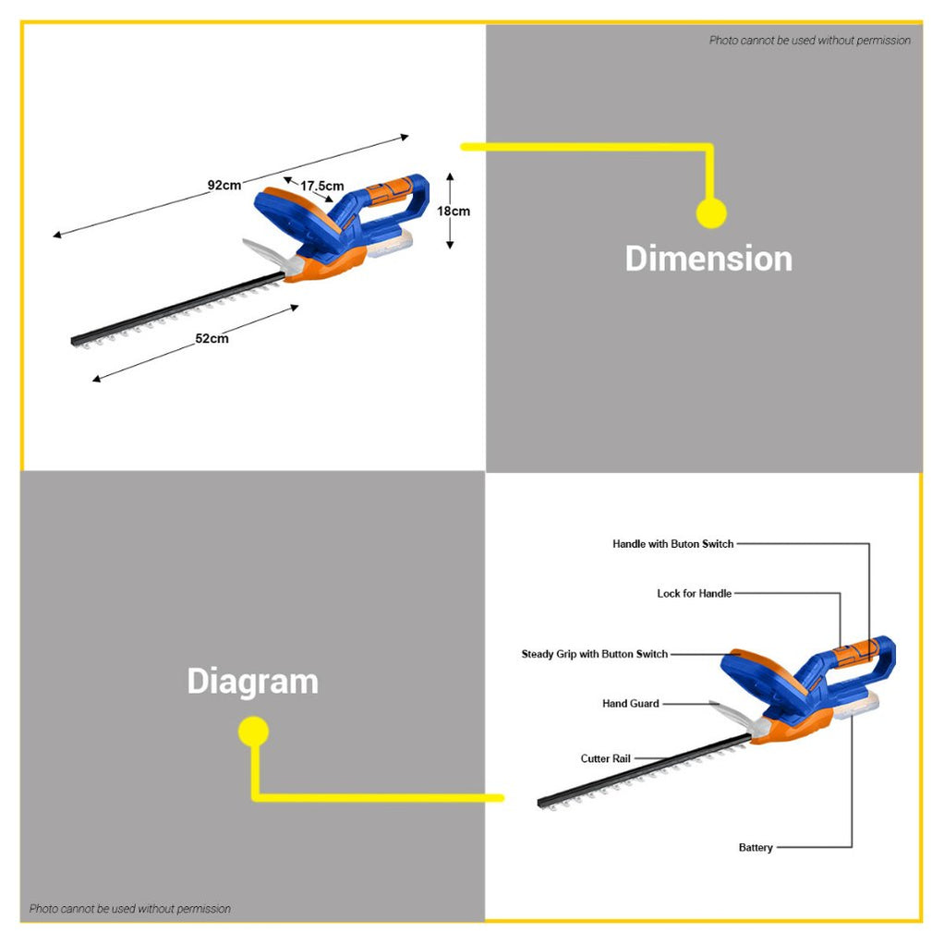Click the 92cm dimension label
click(x=224, y=185)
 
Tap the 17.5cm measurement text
click(x=322, y=186)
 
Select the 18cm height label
click(x=454, y=212)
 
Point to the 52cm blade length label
click(x=212, y=338)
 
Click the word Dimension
click(x=708, y=259)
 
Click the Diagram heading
click(x=253, y=682)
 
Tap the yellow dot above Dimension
click(x=711, y=213)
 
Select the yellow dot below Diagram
click(x=253, y=732)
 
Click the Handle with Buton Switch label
click(x=673, y=544)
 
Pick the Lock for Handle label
click(x=695, y=594)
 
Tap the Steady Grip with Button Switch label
click(x=595, y=654)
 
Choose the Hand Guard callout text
click(x=630, y=703)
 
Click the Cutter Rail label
click(x=605, y=758)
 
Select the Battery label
click(x=756, y=848)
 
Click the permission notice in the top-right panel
click(x=810, y=41)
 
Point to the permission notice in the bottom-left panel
click(x=130, y=909)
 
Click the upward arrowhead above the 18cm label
click(x=450, y=177)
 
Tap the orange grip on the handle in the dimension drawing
click(x=389, y=191)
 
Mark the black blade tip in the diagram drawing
click(x=540, y=803)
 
